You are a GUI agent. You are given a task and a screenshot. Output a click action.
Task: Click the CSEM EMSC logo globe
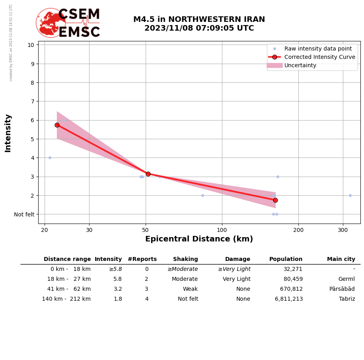point(51,23)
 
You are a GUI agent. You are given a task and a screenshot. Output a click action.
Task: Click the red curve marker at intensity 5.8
point(57,125)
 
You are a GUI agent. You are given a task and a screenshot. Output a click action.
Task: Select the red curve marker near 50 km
point(148,174)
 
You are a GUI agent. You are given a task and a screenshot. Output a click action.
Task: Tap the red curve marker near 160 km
point(275,200)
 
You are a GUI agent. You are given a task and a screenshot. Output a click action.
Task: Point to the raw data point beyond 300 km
point(350,195)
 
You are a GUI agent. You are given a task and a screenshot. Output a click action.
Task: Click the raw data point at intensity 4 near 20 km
point(50,158)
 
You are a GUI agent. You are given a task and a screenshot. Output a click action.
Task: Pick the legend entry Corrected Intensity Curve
point(319,57)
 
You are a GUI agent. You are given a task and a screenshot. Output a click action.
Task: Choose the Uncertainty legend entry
point(300,65)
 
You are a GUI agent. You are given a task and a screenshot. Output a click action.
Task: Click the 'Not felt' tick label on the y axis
point(24,214)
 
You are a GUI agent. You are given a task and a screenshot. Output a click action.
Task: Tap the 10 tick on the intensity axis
point(31,45)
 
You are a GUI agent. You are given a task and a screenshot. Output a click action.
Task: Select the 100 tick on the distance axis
point(222,230)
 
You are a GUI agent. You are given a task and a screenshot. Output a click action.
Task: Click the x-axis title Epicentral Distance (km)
point(199,239)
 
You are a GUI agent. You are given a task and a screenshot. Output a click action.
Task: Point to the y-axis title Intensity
point(8,133)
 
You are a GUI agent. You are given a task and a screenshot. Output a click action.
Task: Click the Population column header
point(286,259)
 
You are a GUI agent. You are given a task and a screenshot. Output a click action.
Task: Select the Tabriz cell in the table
point(346,299)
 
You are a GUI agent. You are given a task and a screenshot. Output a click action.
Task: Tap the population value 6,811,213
point(288,299)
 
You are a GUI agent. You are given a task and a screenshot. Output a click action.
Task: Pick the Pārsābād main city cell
point(342,289)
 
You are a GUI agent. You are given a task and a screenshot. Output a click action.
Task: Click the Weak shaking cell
point(190,289)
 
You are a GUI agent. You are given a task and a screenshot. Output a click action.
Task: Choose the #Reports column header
point(142,259)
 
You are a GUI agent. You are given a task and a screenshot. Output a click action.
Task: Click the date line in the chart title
point(199,28)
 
